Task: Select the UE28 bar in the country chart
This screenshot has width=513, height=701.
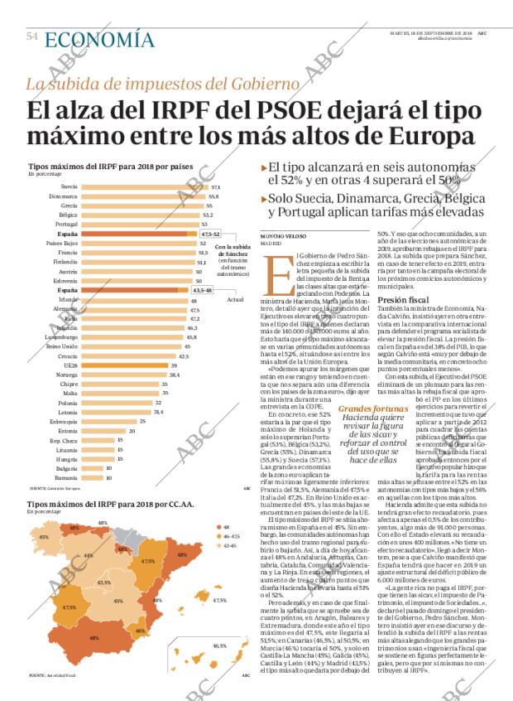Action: click(x=113, y=365)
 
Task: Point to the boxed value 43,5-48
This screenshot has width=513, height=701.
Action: click(x=202, y=291)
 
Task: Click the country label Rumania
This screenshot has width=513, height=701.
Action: click(x=67, y=478)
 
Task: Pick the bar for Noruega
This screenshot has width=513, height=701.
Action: click(x=117, y=375)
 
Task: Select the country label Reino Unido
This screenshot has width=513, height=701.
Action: click(x=62, y=346)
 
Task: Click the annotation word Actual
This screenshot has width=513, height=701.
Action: click(x=235, y=299)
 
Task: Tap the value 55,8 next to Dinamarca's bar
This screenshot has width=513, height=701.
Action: click(x=213, y=196)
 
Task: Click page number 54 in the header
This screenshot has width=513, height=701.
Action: click(x=32, y=36)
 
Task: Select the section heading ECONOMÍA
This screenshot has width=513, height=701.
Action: click(x=99, y=40)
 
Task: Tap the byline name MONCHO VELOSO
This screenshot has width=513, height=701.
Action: click(x=281, y=238)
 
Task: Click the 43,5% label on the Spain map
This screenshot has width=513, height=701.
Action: click(x=104, y=583)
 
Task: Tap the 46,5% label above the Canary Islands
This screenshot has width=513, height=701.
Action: click(x=219, y=645)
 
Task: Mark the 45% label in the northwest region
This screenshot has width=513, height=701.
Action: click(x=42, y=538)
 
